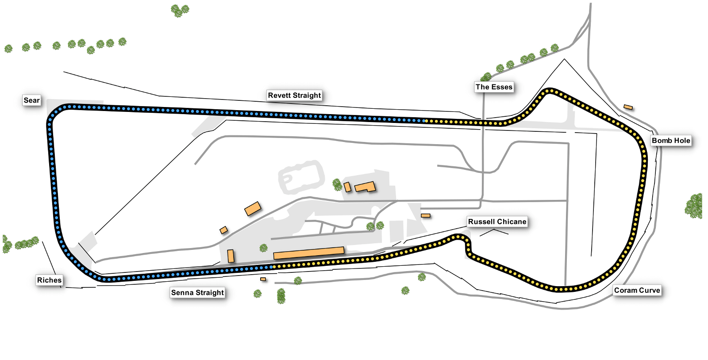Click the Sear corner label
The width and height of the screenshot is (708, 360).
[x=31, y=100]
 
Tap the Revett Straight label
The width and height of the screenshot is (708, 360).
[x=294, y=96]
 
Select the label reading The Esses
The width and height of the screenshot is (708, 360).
[x=494, y=87]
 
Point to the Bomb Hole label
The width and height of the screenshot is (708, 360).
[x=671, y=141]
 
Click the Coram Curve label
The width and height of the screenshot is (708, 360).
[x=637, y=290]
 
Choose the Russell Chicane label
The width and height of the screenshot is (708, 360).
[x=497, y=222]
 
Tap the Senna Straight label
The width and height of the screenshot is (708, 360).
[x=197, y=293]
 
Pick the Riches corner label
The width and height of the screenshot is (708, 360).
[x=49, y=280]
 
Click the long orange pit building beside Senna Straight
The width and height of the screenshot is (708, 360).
[x=309, y=253]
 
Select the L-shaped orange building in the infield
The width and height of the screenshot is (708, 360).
[x=365, y=187]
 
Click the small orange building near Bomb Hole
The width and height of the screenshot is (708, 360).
[x=628, y=107]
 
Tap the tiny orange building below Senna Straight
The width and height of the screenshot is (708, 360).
[x=263, y=279]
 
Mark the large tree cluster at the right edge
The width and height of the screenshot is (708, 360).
[x=694, y=206]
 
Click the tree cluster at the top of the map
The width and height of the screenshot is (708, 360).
[x=180, y=11]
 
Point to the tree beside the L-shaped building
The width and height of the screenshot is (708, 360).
[x=337, y=185]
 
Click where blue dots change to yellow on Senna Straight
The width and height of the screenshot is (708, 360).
[x=273, y=267]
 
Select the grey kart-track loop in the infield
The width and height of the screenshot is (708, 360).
[x=301, y=176]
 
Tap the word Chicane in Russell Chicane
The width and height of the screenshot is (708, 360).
[x=513, y=222]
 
